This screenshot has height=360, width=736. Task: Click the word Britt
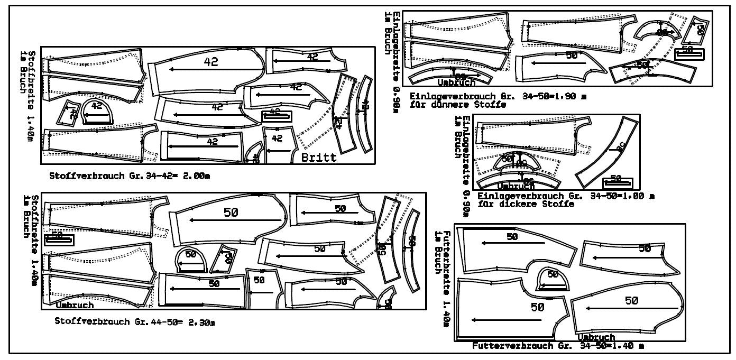[319, 158]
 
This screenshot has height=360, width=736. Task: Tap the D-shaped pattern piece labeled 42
[96, 111]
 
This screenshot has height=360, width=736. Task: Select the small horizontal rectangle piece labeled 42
[276, 115]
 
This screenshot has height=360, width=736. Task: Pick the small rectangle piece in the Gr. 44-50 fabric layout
[59, 239]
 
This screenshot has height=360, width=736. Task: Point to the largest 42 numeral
[211, 62]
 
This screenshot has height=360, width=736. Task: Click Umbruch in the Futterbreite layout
[596, 337]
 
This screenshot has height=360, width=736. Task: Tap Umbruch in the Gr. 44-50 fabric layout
[75, 305]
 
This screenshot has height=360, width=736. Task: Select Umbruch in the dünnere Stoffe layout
[456, 82]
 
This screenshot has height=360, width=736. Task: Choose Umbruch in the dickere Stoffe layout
[516, 187]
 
